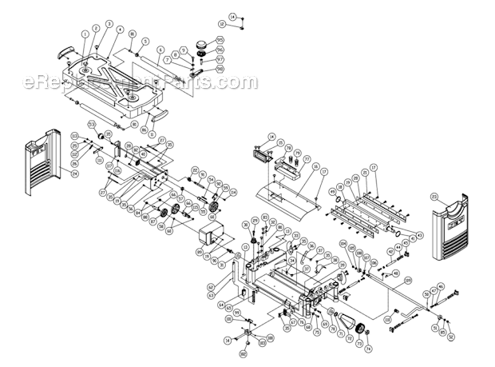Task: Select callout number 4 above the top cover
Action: point(119,30)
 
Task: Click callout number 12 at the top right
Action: point(222,25)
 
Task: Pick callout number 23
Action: point(457,196)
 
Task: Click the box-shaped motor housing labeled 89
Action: point(212,237)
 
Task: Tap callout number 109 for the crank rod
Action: point(407,280)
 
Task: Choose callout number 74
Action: point(369,349)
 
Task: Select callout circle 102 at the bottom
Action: point(242,352)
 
